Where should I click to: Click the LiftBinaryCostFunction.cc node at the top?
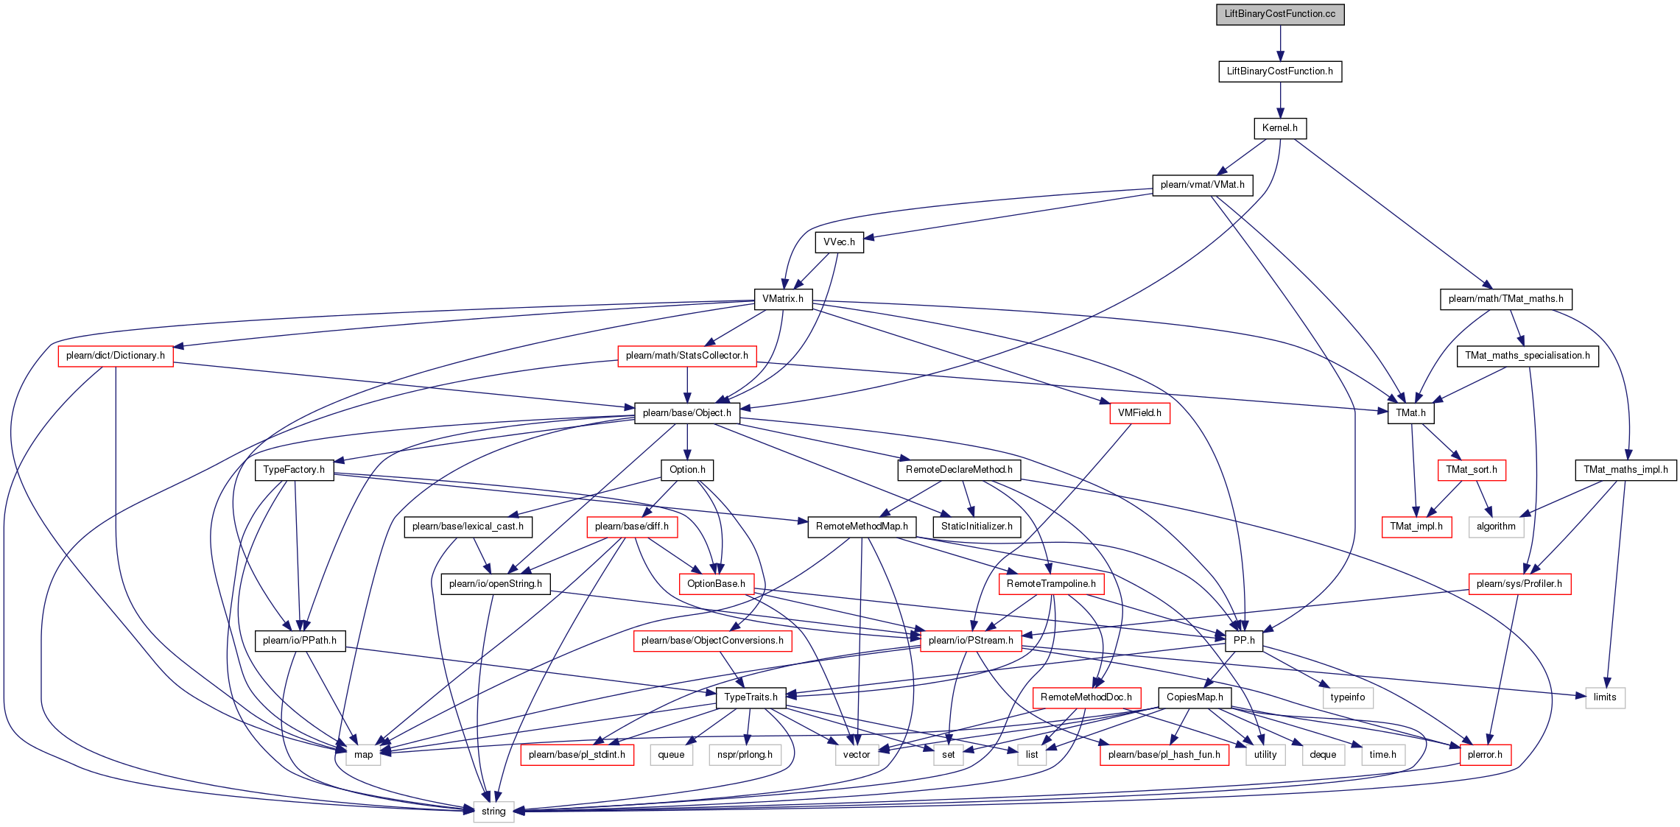tap(1280, 14)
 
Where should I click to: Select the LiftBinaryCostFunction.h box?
tap(1280, 71)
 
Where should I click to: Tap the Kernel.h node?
tap(1280, 128)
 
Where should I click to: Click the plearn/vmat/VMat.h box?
tap(1202, 185)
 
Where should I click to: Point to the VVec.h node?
tap(839, 242)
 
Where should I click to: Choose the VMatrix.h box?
tap(783, 299)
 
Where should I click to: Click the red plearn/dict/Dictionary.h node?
tap(116, 356)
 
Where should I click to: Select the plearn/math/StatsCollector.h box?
tap(687, 356)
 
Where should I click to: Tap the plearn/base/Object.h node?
tap(687, 413)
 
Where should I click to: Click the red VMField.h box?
tap(1139, 413)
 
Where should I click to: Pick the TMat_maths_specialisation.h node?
tap(1528, 356)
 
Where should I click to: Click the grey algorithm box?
tap(1496, 527)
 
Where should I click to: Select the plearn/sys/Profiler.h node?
tap(1519, 584)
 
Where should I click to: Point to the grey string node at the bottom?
tap(493, 812)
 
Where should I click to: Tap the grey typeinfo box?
tap(1348, 697)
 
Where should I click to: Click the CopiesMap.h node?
tap(1195, 697)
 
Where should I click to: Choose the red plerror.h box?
tap(1485, 755)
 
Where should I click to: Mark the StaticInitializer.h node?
tap(977, 527)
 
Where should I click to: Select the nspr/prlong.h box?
tap(745, 755)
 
